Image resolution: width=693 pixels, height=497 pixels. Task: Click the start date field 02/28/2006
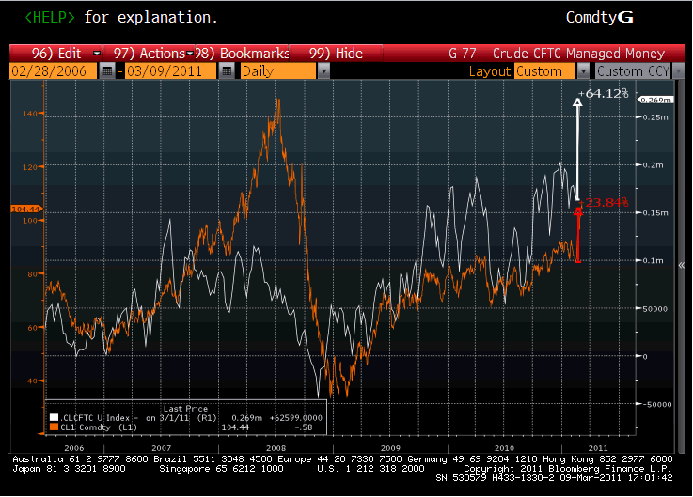[x=53, y=70]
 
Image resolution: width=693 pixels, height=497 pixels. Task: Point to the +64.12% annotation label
[x=606, y=93]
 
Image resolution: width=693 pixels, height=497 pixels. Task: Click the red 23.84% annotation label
[x=606, y=202]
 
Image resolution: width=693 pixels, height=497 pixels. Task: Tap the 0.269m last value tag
[x=652, y=99]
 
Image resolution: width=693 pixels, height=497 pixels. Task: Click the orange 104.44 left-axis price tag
[x=22, y=208]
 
